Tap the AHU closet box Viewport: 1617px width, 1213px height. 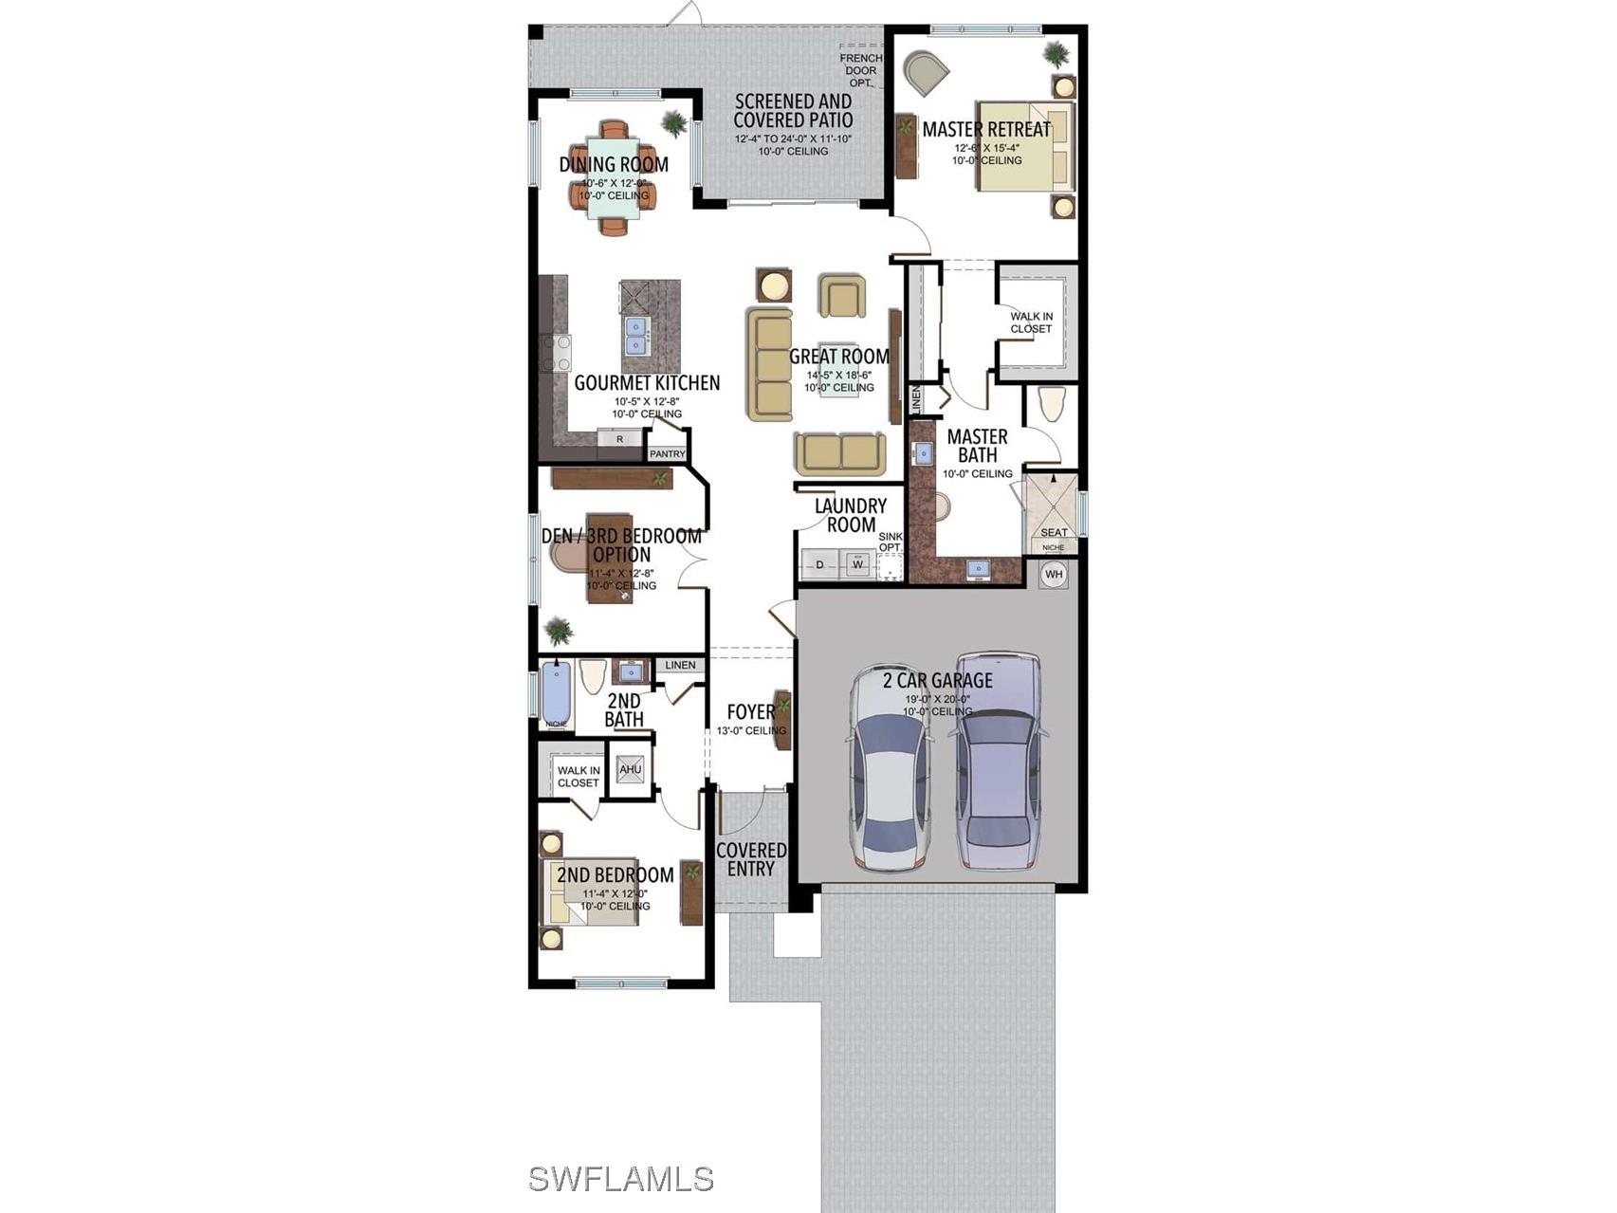tap(631, 769)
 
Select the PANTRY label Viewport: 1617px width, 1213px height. tap(667, 453)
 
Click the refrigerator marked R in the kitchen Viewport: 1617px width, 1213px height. tap(619, 438)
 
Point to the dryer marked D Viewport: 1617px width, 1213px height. tap(820, 564)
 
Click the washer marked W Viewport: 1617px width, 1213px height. tap(858, 564)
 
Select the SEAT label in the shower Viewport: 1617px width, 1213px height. tap(1054, 532)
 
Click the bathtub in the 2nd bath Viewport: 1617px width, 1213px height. tap(557, 692)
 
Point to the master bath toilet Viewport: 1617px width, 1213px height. tap(1052, 403)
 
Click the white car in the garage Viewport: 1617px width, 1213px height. tap(890, 768)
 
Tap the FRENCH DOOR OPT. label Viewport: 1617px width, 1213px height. tap(860, 70)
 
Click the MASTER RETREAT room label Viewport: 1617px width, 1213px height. tap(986, 129)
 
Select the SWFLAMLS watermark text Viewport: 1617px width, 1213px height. tap(620, 1179)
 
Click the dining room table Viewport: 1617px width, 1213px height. tap(613, 180)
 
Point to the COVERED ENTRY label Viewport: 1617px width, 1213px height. tap(751, 859)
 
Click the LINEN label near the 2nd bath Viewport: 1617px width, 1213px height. tap(680, 665)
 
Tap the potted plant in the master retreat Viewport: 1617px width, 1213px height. tap(1056, 54)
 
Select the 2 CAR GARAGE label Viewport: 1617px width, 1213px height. tap(937, 680)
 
